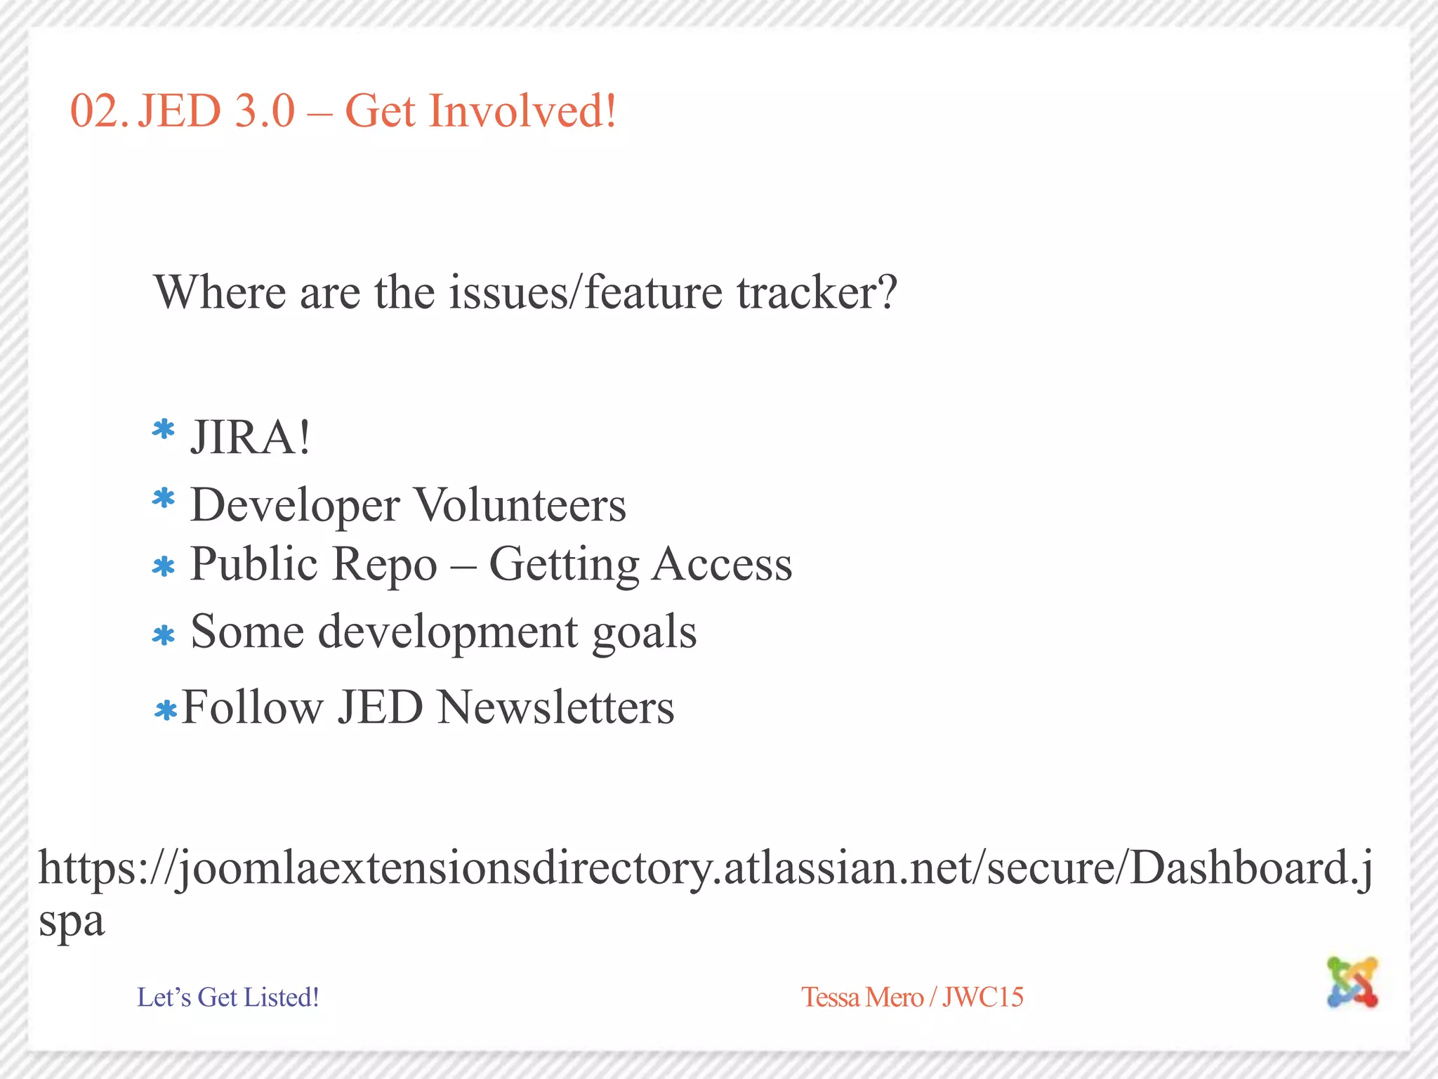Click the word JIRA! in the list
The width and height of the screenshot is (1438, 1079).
pyautogui.click(x=250, y=437)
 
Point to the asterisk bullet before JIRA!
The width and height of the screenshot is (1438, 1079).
pyautogui.click(x=164, y=429)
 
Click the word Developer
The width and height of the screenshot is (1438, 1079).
pyautogui.click(x=295, y=506)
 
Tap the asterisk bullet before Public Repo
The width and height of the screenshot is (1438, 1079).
pyautogui.click(x=164, y=567)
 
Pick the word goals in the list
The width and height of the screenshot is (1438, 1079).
pyautogui.click(x=644, y=632)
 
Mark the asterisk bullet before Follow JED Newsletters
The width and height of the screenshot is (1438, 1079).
pyautogui.click(x=166, y=711)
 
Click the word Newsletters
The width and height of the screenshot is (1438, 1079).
pyautogui.click(x=555, y=707)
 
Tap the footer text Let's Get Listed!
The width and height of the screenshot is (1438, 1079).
pyautogui.click(x=227, y=997)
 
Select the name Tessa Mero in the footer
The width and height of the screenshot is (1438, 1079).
pyautogui.click(x=862, y=997)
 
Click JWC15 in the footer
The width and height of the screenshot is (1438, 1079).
pyautogui.click(x=982, y=997)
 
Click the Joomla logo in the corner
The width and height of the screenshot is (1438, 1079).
pyautogui.click(x=1352, y=981)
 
